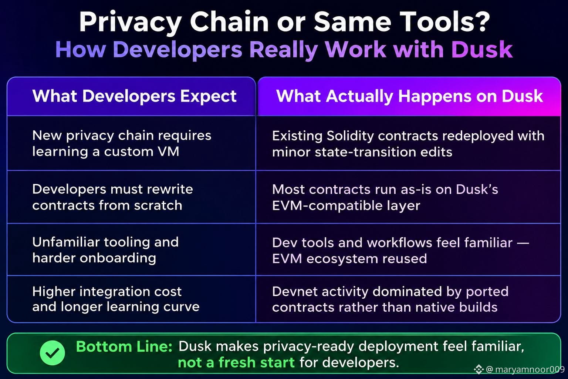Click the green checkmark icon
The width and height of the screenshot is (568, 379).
52,353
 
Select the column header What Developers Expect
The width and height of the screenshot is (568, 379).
134,96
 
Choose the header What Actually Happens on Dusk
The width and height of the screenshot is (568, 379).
409,96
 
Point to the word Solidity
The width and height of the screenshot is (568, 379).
350,136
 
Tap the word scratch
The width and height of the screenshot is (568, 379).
158,205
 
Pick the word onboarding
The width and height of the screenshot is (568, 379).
118,258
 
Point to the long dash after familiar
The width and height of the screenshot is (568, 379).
523,243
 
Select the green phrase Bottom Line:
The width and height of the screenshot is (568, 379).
124,346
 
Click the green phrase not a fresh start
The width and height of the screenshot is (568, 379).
236,362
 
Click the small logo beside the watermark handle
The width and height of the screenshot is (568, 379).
479,369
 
